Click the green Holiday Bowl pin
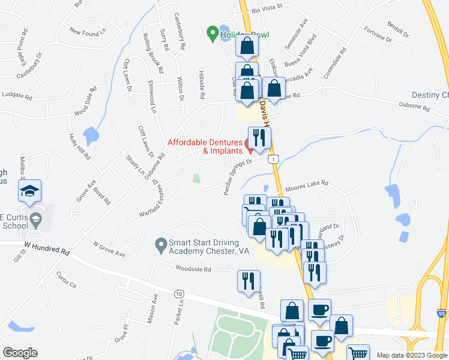coord(212,34)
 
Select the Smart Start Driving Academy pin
coord(160,244)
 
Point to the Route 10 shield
coord(179,293)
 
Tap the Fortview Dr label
coord(378,35)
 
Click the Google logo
coord(20,353)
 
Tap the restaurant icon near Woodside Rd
coord(248,280)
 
